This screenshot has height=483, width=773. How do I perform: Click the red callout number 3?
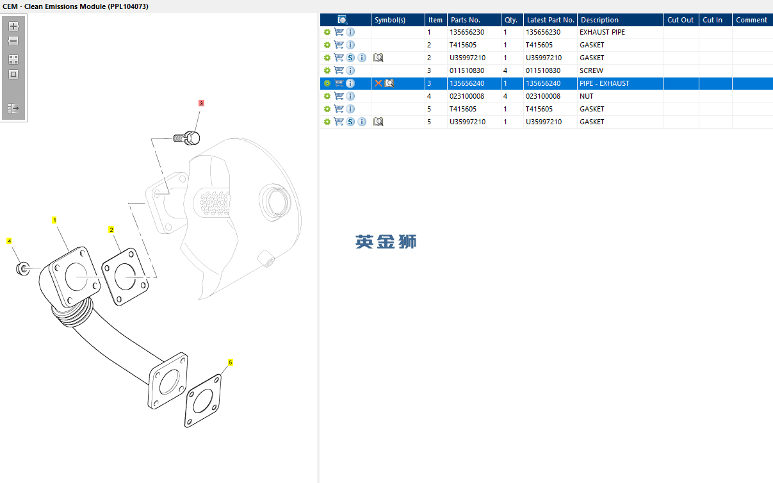pyautogui.click(x=201, y=103)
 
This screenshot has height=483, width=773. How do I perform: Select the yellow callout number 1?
pyautogui.click(x=54, y=220)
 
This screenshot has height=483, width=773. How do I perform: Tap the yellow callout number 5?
pyautogui.click(x=230, y=362)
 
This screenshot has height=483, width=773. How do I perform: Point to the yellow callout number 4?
pyautogui.click(x=9, y=241)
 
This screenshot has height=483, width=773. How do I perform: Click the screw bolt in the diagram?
pyautogui.click(x=187, y=138)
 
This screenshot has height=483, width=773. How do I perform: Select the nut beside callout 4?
pyautogui.click(x=23, y=269)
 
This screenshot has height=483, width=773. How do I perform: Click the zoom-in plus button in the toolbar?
pyautogui.click(x=13, y=26)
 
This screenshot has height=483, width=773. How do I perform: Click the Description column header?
pyautogui.click(x=599, y=20)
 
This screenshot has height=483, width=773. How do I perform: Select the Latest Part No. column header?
pyautogui.click(x=550, y=20)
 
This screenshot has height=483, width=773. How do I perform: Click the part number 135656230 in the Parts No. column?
pyautogui.click(x=467, y=32)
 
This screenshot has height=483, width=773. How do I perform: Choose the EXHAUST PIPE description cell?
pyautogui.click(x=602, y=32)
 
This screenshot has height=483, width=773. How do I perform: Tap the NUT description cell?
pyautogui.click(x=586, y=96)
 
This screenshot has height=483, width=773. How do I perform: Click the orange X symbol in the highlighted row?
pyautogui.click(x=378, y=83)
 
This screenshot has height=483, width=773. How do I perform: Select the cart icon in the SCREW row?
pyautogui.click(x=339, y=70)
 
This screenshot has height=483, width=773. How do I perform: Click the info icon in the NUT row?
pyautogui.click(x=350, y=96)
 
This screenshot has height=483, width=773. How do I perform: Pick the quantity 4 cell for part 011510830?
pyautogui.click(x=505, y=70)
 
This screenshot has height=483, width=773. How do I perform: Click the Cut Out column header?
pyautogui.click(x=680, y=20)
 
